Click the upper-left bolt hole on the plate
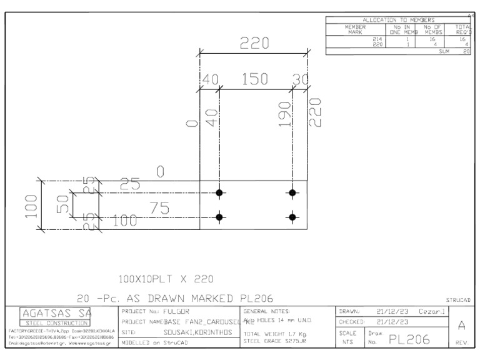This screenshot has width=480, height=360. [219, 192]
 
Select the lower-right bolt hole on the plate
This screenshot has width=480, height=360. [292, 217]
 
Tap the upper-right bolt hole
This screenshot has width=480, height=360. [292, 192]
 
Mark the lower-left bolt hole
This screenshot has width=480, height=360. [219, 217]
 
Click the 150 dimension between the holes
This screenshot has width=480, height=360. [254, 79]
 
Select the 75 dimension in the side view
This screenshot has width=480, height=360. [161, 209]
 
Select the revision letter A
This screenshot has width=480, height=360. [459, 325]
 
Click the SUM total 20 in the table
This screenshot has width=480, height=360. [466, 52]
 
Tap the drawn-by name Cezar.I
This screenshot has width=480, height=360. [432, 311]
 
